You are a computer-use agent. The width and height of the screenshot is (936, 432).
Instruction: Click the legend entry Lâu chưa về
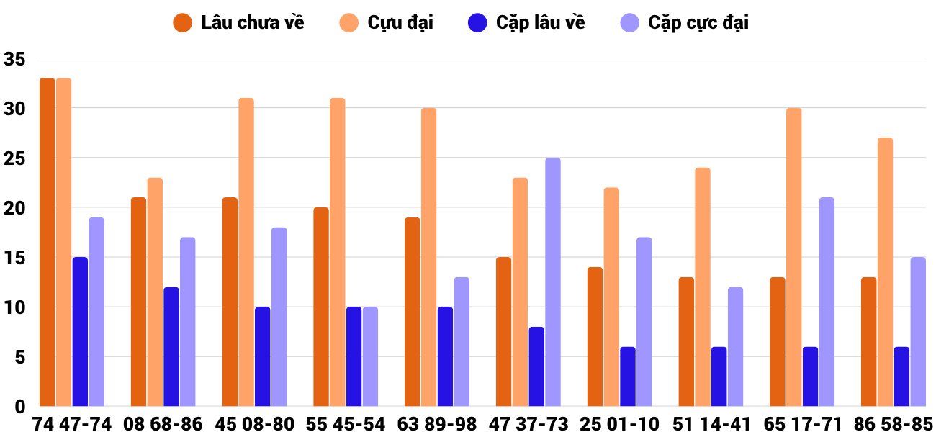coord(238,22)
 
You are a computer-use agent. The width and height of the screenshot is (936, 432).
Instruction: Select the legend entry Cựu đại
coord(386,22)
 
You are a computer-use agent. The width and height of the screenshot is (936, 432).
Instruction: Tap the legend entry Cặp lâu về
coord(526,22)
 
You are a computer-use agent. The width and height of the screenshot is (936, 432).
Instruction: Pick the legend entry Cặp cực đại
coord(685,22)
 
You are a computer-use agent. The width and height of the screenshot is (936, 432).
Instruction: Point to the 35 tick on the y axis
coord(14,59)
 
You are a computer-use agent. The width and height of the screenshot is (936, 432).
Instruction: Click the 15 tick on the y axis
coord(14,258)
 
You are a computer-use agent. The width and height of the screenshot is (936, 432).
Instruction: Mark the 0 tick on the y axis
coord(20,407)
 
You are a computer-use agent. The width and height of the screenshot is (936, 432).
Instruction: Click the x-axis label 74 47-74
coord(72,423)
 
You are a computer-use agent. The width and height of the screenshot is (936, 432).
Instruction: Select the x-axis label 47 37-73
coord(528,423)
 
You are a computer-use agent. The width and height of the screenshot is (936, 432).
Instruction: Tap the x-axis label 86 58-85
coord(894,423)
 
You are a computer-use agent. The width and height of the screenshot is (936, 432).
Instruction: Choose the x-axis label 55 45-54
coord(346,423)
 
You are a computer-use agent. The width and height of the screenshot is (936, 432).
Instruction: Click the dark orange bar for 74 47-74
coord(48,243)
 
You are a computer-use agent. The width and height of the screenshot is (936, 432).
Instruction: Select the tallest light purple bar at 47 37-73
coord(553,282)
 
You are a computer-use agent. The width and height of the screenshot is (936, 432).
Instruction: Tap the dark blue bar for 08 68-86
coord(171,347)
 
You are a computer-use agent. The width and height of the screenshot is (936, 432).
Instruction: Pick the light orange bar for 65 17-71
coord(794,257)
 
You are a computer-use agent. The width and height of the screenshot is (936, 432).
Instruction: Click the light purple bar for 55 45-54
coord(370,357)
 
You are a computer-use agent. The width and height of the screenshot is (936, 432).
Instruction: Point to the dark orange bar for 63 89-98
coord(413,312)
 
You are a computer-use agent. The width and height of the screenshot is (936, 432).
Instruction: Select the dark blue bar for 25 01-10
coord(628,377)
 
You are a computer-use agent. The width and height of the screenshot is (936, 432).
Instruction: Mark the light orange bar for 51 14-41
coord(703,287)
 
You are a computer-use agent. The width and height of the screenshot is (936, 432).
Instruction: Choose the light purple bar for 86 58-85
coord(918,332)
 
